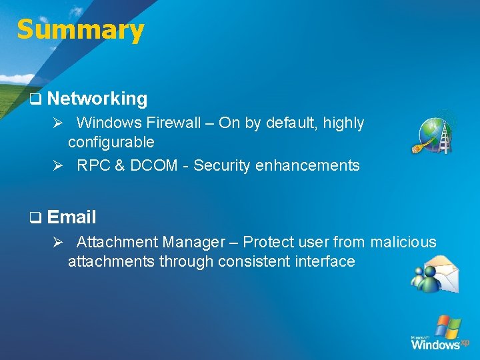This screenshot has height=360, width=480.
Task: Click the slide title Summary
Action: coord(80,30)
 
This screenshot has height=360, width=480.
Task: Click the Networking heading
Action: coord(97,99)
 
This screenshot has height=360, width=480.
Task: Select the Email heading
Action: coord(72,217)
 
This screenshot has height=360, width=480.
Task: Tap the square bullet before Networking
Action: coord(35,99)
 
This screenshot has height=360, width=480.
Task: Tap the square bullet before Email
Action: coord(35,218)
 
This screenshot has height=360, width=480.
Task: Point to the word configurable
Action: coord(111,142)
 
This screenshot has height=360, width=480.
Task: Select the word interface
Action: coord(324,261)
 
